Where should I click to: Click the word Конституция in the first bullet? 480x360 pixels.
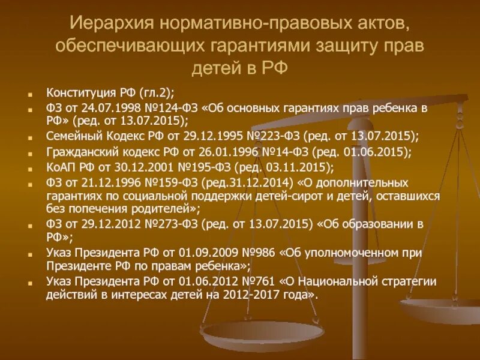pos(76,93)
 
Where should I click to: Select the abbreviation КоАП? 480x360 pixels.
pos(60,166)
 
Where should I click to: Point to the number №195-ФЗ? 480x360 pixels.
pos(187,166)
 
